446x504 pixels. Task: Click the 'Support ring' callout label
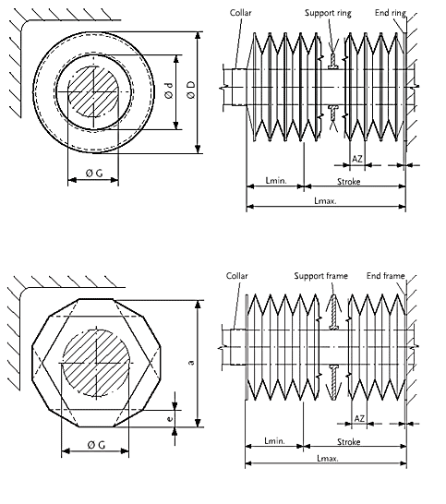click(x=328, y=13)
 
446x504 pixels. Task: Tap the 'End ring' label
click(x=390, y=13)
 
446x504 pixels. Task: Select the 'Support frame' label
click(x=320, y=276)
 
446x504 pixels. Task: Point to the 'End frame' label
click(x=385, y=275)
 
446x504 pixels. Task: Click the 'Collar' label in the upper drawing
click(x=240, y=13)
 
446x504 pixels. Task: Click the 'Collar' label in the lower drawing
click(x=236, y=276)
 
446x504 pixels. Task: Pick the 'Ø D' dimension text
click(x=191, y=90)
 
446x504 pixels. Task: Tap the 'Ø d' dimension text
click(x=169, y=90)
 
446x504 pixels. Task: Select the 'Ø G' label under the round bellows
click(x=94, y=174)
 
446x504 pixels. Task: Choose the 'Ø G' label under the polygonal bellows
click(x=96, y=445)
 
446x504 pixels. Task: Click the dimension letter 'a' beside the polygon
click(x=191, y=362)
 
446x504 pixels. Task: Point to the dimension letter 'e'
click(x=170, y=418)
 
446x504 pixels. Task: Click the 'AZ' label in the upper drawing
click(x=357, y=159)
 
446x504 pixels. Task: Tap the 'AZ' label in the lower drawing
click(x=359, y=418)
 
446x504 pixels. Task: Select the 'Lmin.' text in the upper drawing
click(x=276, y=180)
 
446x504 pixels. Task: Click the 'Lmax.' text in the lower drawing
click(x=328, y=458)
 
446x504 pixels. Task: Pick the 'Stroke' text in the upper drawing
click(x=348, y=182)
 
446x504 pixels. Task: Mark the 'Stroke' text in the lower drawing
click(x=348, y=441)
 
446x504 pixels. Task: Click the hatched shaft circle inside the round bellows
click(x=93, y=92)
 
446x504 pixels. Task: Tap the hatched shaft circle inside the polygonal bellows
click(x=96, y=363)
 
